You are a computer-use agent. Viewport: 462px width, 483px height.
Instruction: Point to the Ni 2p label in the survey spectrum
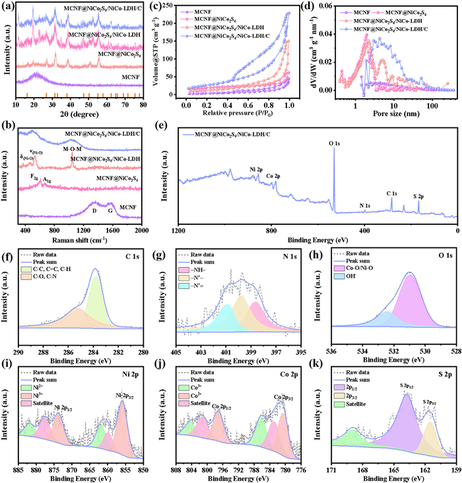(x=257, y=170)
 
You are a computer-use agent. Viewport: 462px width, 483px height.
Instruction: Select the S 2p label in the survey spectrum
(x=418, y=196)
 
